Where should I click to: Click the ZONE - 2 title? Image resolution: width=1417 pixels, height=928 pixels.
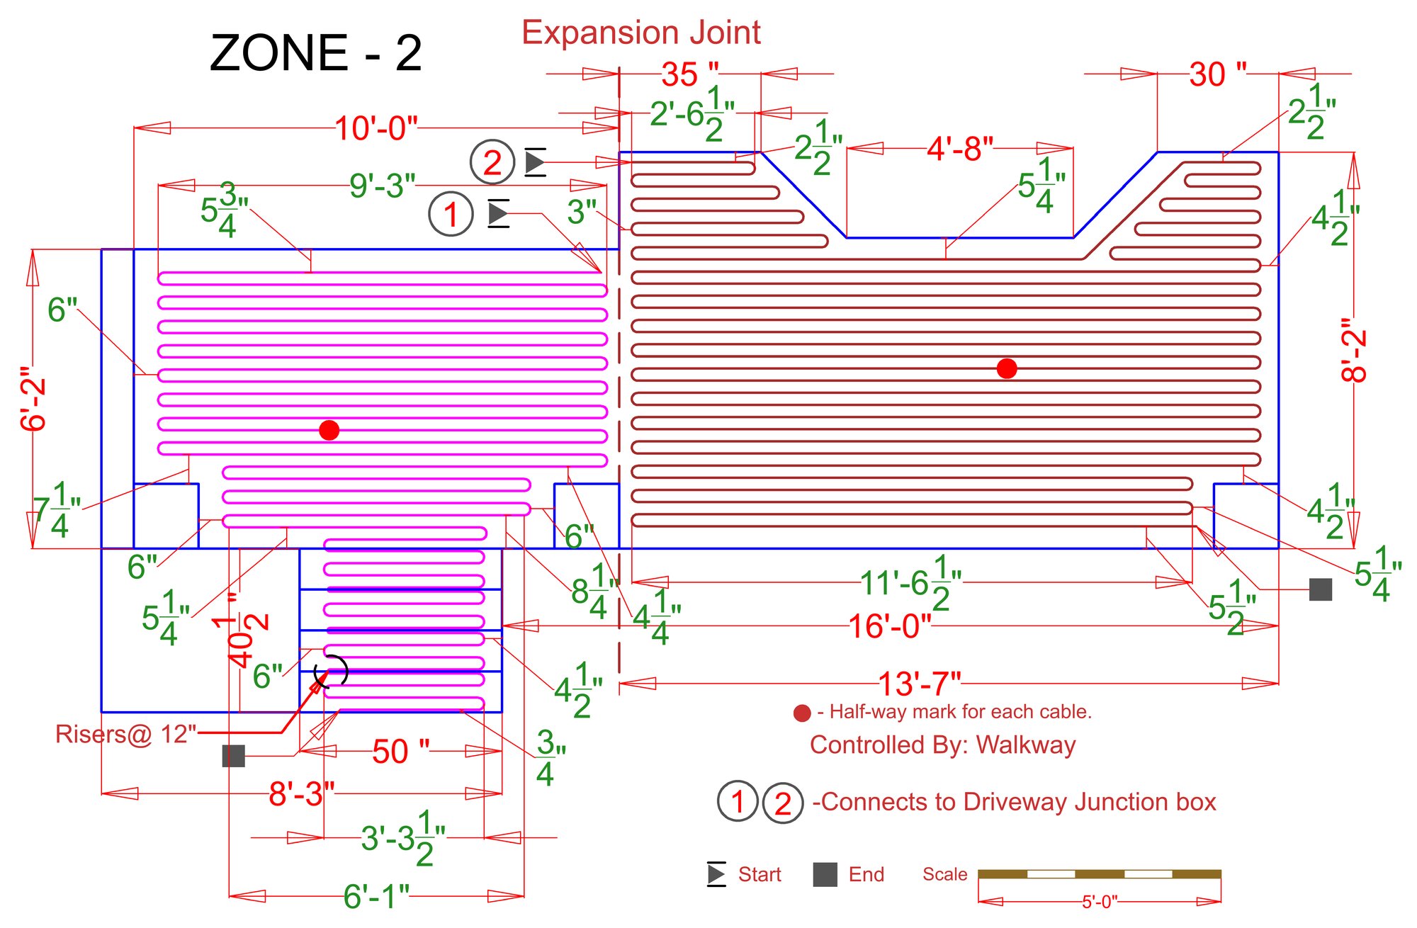(x=316, y=53)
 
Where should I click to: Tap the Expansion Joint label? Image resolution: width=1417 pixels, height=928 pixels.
(x=641, y=33)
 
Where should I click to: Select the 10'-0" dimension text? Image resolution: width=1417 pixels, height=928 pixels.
(x=376, y=128)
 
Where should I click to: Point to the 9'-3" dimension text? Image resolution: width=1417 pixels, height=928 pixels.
(x=382, y=186)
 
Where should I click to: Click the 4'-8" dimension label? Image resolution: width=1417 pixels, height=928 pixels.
(x=960, y=149)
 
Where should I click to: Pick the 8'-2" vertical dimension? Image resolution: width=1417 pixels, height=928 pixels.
(x=1353, y=349)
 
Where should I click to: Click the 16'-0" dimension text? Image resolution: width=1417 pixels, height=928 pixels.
(x=889, y=626)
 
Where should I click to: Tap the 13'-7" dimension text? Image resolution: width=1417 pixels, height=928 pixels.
(x=919, y=684)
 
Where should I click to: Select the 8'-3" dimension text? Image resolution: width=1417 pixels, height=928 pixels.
(x=301, y=794)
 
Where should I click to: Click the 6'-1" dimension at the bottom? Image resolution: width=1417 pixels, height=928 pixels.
(x=376, y=897)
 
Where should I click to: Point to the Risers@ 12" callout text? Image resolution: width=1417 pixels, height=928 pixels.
(x=126, y=734)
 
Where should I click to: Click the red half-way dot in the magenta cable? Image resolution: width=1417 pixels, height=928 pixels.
(x=329, y=430)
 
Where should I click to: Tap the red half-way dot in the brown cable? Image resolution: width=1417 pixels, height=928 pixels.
(x=1006, y=368)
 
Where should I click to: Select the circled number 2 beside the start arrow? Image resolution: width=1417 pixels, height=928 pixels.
(x=492, y=162)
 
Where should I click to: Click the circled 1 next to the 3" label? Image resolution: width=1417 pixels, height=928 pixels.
(x=451, y=214)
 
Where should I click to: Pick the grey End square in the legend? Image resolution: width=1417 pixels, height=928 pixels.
(x=825, y=875)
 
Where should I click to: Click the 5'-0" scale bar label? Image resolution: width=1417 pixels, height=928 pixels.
(x=1099, y=902)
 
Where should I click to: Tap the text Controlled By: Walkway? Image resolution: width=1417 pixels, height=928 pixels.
(x=942, y=745)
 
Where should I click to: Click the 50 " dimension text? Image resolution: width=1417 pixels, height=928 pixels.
(x=400, y=752)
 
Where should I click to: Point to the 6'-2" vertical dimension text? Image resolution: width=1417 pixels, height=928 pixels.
(x=33, y=399)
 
